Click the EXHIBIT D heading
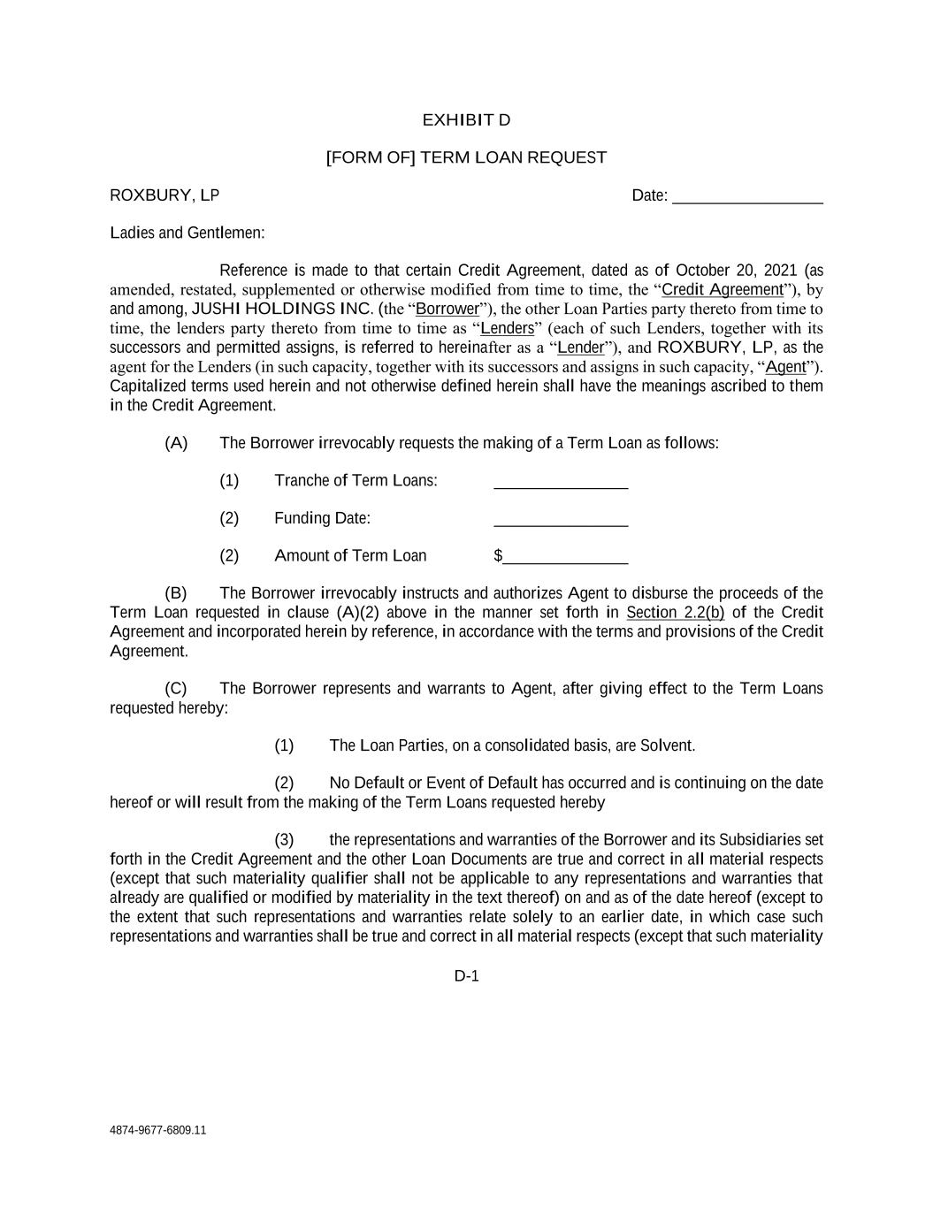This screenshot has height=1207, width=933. point(466,120)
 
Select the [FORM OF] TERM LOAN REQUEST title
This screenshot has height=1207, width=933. point(466,157)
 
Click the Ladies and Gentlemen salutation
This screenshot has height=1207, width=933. point(187,233)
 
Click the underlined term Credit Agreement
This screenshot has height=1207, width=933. point(723,290)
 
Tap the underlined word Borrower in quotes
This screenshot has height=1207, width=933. point(447,309)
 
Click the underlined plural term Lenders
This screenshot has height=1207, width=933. point(507,329)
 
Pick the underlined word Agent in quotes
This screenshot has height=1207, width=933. point(785,367)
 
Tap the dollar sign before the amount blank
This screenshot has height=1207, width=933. point(498,556)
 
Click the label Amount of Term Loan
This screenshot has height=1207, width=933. point(350,556)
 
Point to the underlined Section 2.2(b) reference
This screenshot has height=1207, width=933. point(675,613)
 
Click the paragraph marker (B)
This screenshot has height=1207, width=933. point(175,593)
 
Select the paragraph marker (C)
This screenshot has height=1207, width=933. point(175,689)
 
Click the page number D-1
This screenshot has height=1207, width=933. point(466,976)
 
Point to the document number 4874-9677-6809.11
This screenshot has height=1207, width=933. point(157,1130)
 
